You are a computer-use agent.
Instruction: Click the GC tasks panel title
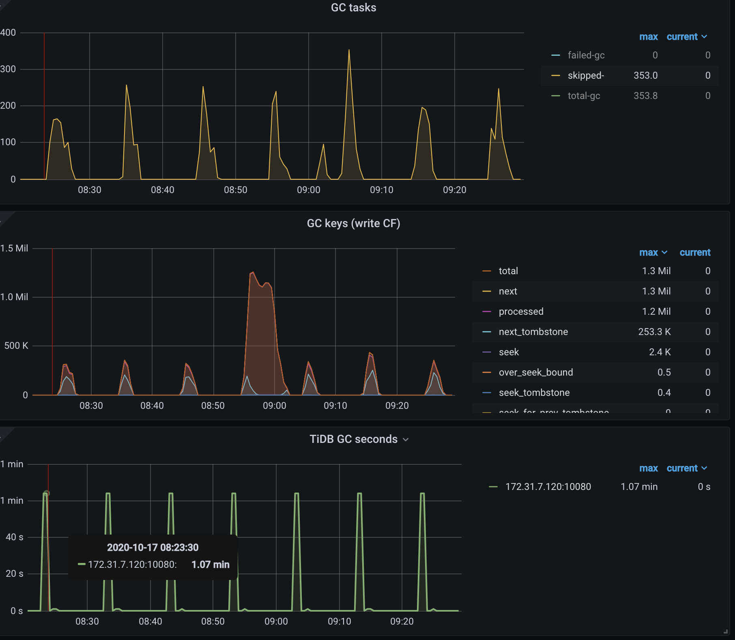(x=353, y=8)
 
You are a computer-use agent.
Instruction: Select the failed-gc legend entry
(x=586, y=55)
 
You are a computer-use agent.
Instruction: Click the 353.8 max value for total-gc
(x=645, y=96)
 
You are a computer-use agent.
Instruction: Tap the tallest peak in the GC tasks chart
(x=349, y=51)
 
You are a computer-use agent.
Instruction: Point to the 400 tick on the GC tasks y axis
(x=8, y=32)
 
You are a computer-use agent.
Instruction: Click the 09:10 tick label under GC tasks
(x=381, y=190)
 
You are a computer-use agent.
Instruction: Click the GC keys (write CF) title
(x=353, y=223)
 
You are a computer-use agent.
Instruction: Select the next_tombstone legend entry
(x=533, y=332)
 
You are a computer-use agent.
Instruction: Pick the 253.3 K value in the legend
(x=654, y=332)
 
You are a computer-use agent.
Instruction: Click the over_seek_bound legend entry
(x=535, y=372)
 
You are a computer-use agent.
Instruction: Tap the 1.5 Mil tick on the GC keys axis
(x=14, y=248)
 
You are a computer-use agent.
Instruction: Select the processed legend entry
(x=521, y=311)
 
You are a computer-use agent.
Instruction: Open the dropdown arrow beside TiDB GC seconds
(x=406, y=440)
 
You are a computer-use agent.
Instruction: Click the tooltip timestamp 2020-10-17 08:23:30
(x=153, y=548)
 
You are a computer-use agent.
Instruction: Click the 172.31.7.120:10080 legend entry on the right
(x=548, y=487)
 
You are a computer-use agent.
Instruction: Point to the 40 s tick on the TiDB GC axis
(x=14, y=537)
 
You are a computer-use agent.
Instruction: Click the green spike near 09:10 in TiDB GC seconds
(x=359, y=494)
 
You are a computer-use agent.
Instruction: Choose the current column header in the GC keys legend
(x=694, y=252)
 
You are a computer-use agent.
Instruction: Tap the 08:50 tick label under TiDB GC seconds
(x=213, y=621)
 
